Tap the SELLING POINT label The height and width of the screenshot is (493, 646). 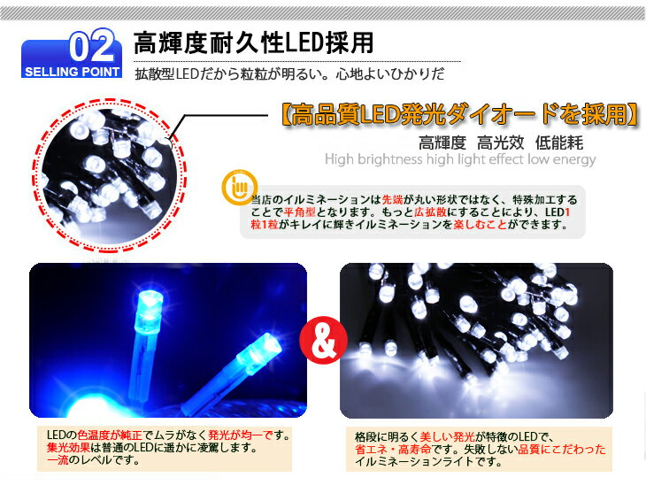[73, 72]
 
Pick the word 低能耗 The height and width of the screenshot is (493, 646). [558, 143]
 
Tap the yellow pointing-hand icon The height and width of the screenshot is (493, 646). [236, 189]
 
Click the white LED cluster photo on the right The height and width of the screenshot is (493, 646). [475, 340]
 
